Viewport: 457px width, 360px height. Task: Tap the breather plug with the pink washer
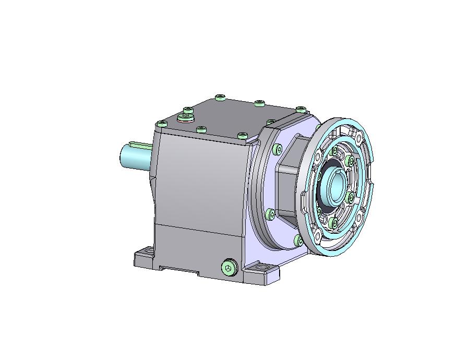186,117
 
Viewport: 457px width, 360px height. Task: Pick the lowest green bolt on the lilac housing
298,240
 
